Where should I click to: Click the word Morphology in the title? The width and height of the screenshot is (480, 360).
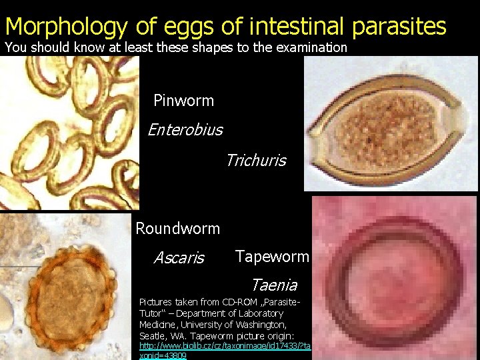click(x=66, y=27)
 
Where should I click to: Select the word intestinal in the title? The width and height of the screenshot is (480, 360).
click(x=295, y=27)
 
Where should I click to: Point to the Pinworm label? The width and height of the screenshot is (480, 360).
click(x=183, y=101)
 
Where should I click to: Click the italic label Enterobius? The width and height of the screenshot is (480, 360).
click(x=185, y=129)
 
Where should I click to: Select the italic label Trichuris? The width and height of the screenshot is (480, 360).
click(x=255, y=160)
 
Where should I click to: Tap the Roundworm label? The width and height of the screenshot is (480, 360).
click(x=177, y=229)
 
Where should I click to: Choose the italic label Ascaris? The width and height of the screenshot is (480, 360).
click(x=179, y=257)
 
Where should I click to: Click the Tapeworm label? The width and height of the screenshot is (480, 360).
click(x=272, y=257)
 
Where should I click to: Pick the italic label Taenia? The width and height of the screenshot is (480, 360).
click(x=273, y=285)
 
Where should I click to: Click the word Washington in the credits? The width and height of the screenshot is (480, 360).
click(x=259, y=324)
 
